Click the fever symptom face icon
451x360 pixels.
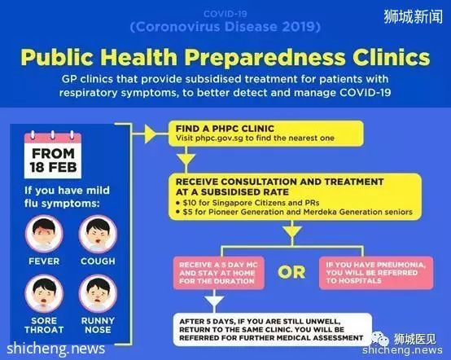(x=44, y=234)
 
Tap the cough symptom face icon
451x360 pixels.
(x=98, y=234)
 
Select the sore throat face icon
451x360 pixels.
(x=44, y=293)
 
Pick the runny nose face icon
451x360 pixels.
(x=98, y=293)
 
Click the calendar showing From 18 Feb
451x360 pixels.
(x=53, y=155)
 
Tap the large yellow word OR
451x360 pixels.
(x=291, y=272)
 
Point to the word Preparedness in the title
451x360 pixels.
(x=265, y=58)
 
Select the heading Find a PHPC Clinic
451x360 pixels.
(x=225, y=129)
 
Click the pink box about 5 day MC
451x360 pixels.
(x=219, y=273)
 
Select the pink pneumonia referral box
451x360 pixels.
(x=376, y=273)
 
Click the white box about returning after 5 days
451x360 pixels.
(x=272, y=329)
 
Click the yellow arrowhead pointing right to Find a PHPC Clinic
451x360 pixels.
(x=150, y=134)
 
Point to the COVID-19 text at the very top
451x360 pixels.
(x=225, y=14)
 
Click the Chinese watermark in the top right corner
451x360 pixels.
(x=413, y=16)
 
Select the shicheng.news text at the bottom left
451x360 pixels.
(x=56, y=349)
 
